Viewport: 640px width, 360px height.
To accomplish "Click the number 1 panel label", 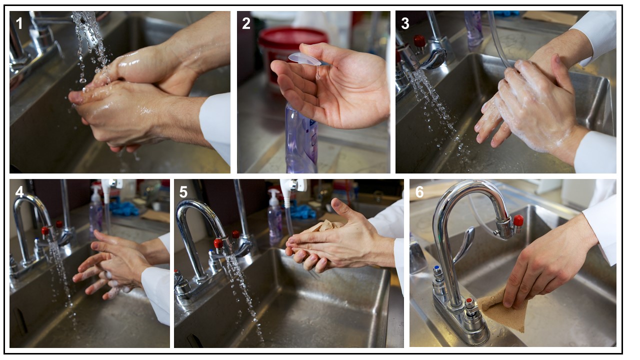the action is (19, 23).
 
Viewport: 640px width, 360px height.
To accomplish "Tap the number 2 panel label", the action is (246, 23).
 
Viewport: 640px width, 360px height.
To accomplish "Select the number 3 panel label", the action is (405, 23).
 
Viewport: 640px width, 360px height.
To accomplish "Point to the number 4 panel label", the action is (19, 192).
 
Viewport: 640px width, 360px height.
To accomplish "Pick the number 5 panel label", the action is (183, 192).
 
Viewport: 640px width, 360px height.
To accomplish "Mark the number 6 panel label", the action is (419, 192).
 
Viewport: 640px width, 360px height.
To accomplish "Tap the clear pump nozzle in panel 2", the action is (305, 59).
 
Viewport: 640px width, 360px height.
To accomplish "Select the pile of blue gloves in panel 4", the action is (124, 208).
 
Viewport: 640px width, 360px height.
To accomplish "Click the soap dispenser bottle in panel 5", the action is (274, 216).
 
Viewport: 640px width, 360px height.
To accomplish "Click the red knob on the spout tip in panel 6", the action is (518, 220).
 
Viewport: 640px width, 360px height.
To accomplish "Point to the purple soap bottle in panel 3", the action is (473, 28).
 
